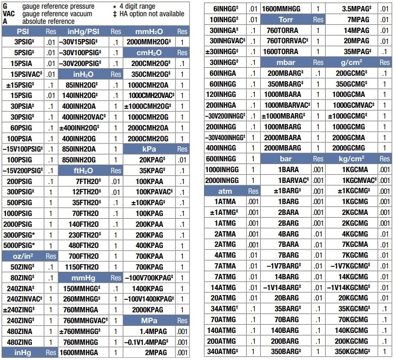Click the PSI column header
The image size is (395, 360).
point(23,31)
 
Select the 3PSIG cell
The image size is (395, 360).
point(24,42)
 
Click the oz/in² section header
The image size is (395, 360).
point(23,255)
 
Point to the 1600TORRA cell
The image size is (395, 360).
point(284,51)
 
